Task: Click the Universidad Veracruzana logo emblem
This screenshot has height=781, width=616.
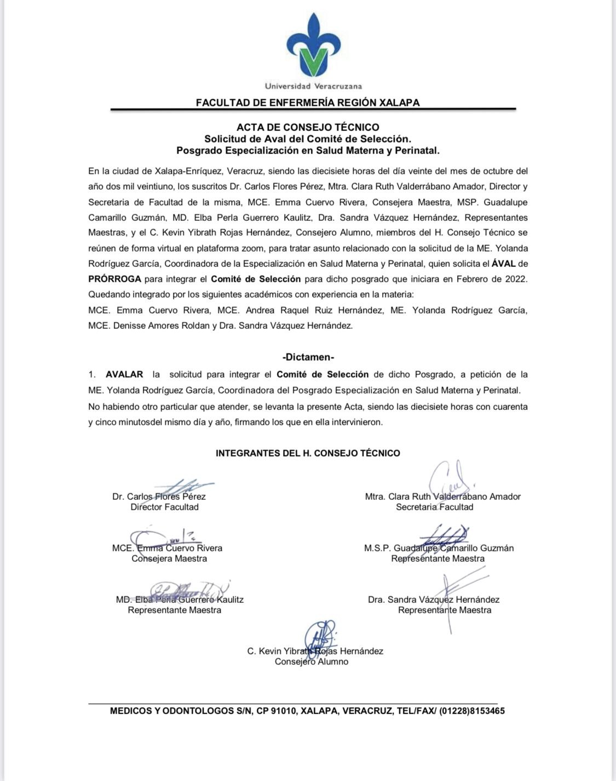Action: click(x=313, y=46)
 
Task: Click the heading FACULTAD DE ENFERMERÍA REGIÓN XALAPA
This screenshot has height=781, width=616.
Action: click(x=308, y=102)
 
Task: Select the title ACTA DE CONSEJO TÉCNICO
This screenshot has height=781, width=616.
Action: click(x=308, y=127)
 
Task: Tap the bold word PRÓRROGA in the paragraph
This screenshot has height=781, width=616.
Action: click(x=114, y=279)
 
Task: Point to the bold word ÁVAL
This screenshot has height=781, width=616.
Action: click(x=503, y=264)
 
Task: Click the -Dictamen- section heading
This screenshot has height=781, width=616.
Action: click(x=308, y=357)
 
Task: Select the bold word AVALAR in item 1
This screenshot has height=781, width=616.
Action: click(x=124, y=375)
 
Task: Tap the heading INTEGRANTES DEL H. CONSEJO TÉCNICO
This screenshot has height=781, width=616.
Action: click(x=308, y=453)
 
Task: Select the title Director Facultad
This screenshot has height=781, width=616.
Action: click(x=164, y=507)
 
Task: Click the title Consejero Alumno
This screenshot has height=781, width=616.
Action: click(x=312, y=662)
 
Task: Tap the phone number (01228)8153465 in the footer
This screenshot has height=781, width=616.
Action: click(x=471, y=711)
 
